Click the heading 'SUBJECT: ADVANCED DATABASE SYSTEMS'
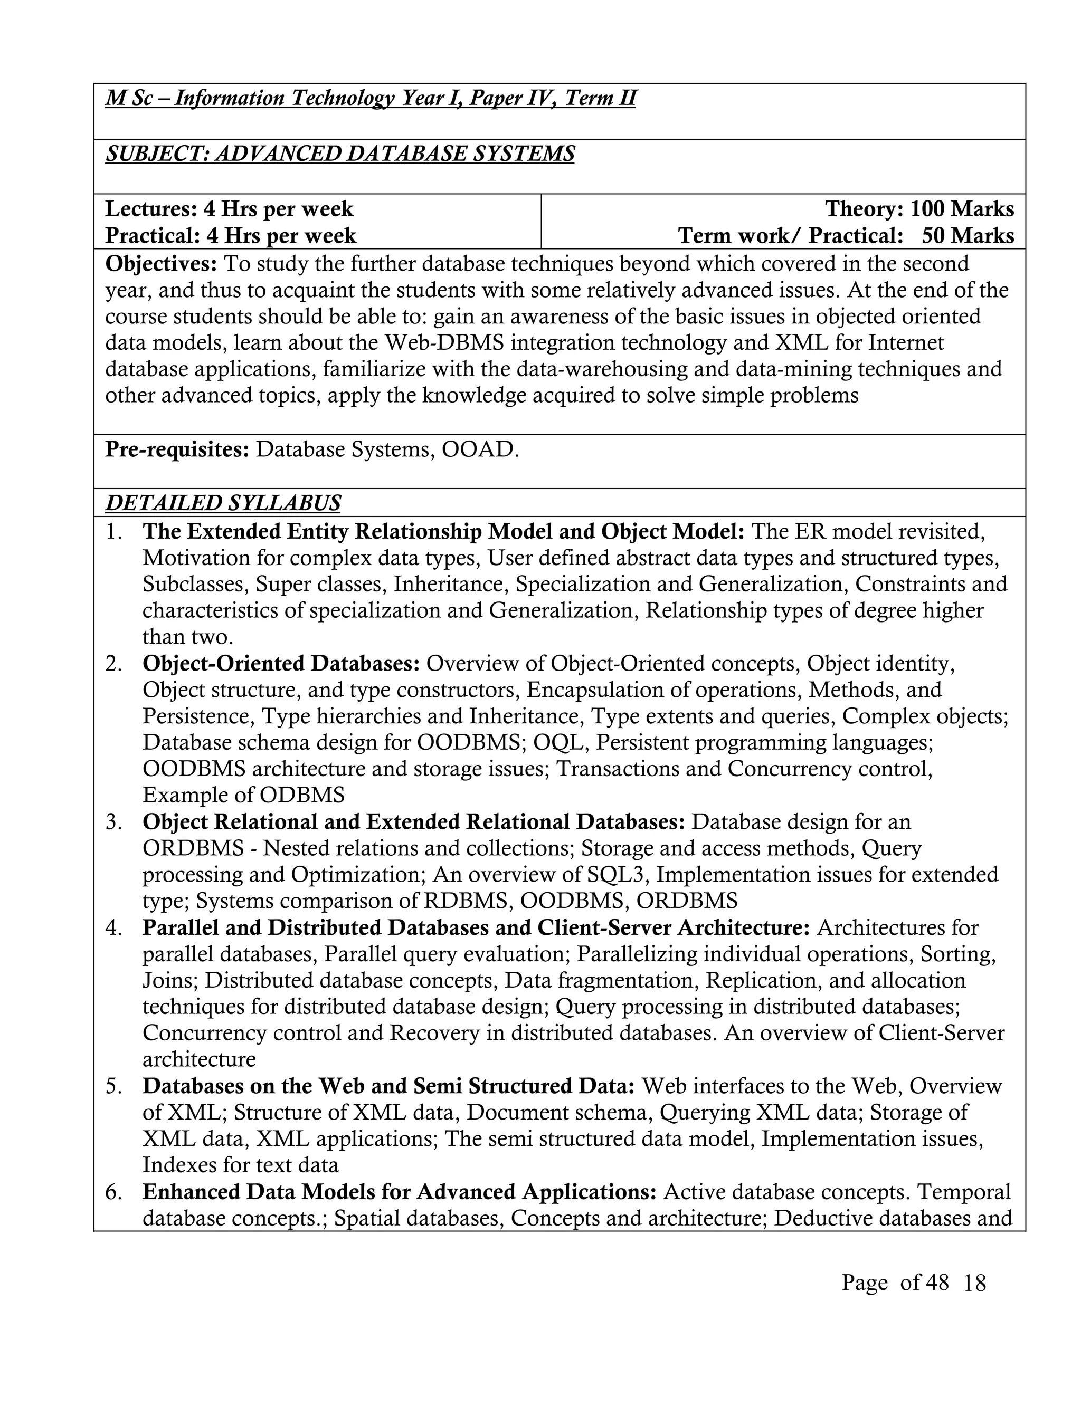[340, 155]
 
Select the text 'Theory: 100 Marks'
[919, 209]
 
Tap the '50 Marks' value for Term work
[968, 236]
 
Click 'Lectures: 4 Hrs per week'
[229, 209]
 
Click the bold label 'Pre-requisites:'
[177, 449]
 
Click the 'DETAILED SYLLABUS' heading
[223, 503]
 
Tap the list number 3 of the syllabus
[114, 822]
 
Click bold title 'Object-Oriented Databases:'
[281, 663]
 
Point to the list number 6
[114, 1192]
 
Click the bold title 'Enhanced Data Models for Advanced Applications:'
[399, 1192]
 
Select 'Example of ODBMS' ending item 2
[243, 796]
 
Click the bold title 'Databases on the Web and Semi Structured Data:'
[388, 1086]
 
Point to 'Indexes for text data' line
[241, 1165]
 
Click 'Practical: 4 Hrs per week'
[230, 236]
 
